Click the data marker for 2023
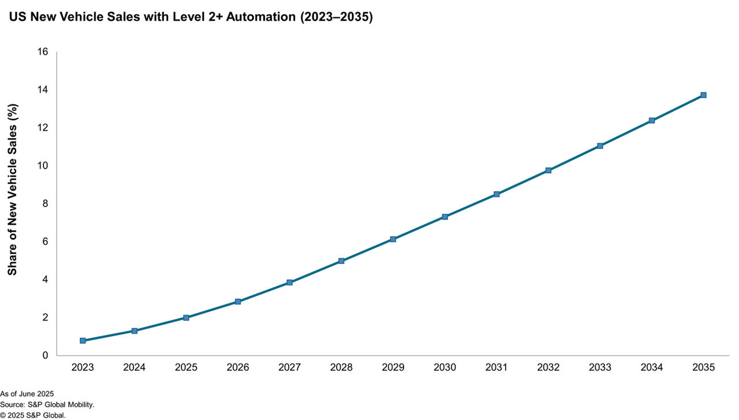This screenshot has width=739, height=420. [83, 341]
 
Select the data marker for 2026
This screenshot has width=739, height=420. [238, 302]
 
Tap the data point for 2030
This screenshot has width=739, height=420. [445, 217]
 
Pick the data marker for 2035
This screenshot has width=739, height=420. [703, 95]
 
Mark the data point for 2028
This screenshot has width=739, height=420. [341, 261]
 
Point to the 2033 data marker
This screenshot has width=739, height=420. [600, 146]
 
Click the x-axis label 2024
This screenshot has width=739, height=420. [135, 367]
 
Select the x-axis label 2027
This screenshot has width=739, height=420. [289, 367]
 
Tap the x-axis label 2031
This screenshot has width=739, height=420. [497, 367]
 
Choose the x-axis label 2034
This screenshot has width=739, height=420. [651, 367]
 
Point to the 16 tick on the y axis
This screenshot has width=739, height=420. [42, 52]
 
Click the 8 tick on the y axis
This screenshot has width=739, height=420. [45, 204]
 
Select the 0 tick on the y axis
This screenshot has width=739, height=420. [45, 355]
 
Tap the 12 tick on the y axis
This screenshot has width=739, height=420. [42, 128]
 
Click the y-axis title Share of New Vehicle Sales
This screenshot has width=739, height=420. [13, 189]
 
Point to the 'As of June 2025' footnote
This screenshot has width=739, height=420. [27, 394]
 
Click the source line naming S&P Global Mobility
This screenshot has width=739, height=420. [47, 404]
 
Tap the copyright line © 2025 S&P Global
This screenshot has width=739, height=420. [33, 415]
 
